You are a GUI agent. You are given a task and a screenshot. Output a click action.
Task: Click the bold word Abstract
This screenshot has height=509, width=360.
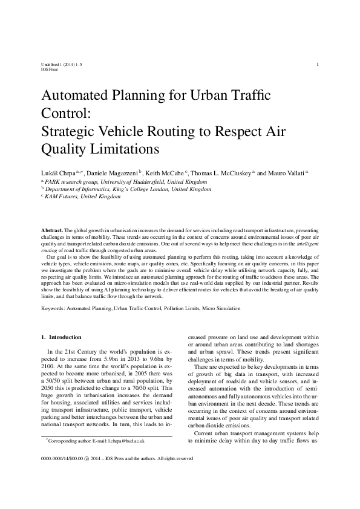click(52, 231)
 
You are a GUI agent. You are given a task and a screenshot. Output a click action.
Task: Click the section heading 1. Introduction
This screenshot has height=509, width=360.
click(61, 337)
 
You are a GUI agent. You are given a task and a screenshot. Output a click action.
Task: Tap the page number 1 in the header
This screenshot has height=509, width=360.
click(318, 63)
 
